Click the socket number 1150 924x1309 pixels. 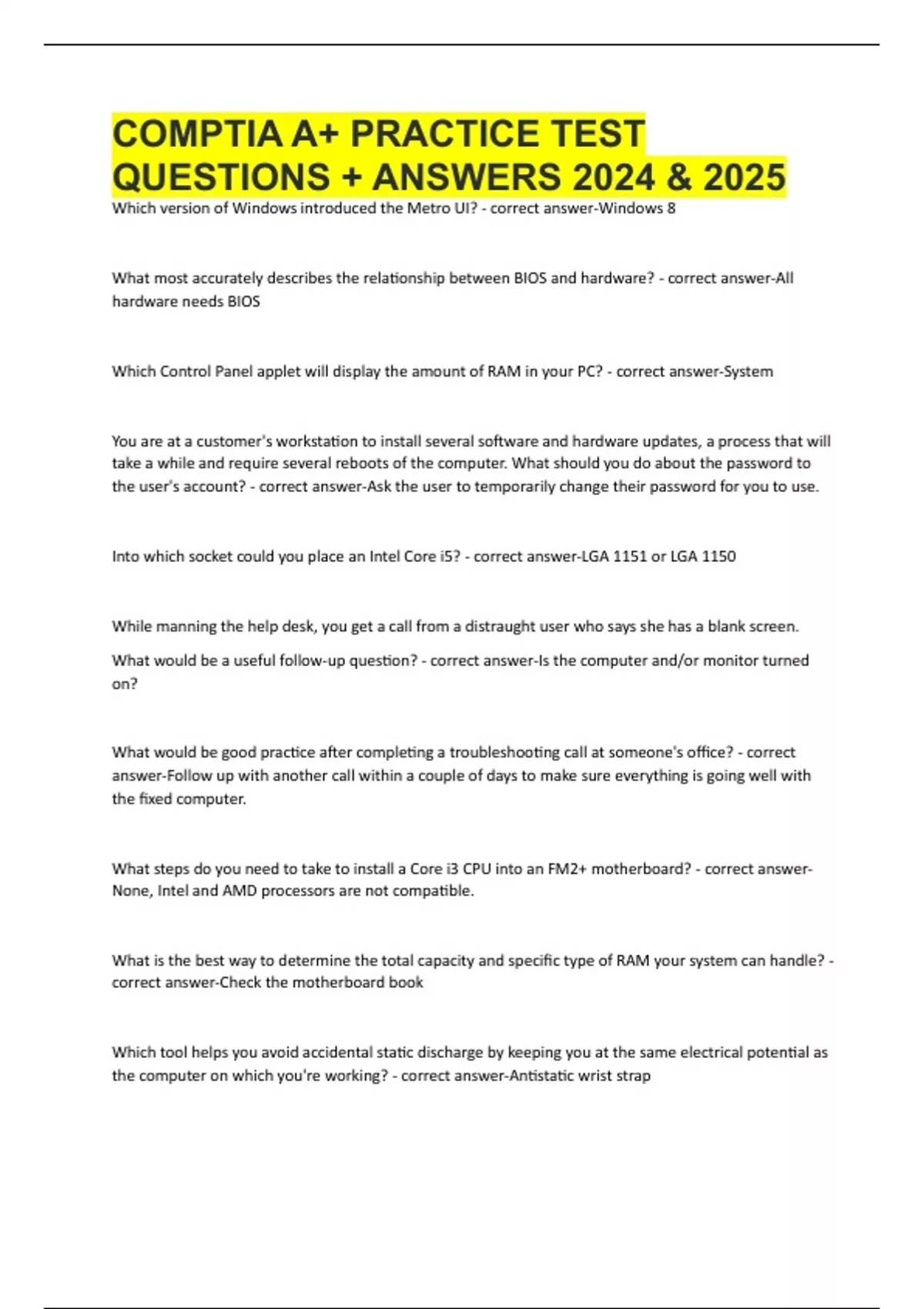pyautogui.click(x=718, y=556)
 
